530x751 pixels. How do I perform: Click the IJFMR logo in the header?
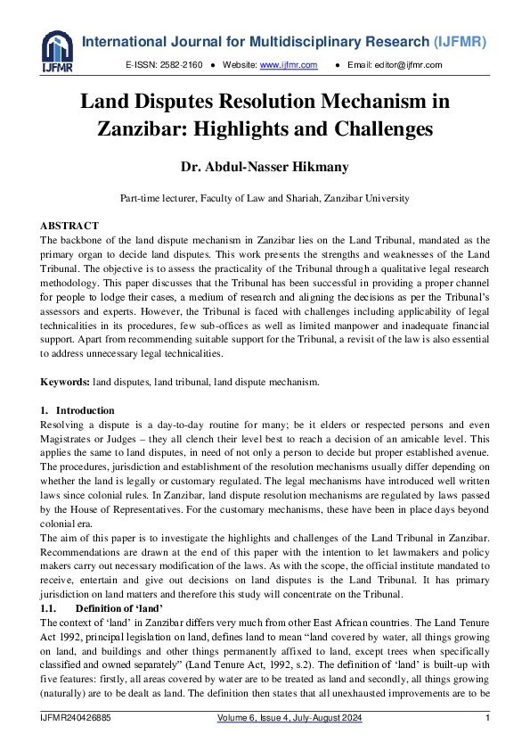coord(57,50)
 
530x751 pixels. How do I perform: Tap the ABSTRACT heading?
coord(69,226)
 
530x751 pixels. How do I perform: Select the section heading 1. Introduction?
coord(77,411)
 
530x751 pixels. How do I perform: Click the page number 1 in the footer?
coord(487,718)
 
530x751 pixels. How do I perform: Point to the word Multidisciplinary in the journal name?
coord(293,42)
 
